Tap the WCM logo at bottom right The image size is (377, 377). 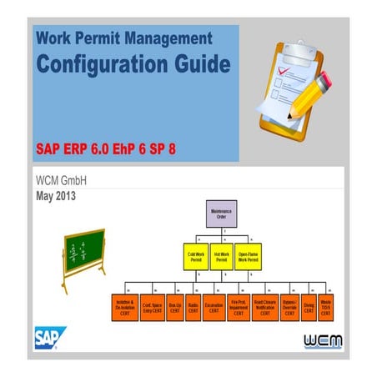(x=321, y=341)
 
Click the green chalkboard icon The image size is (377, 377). (x=84, y=251)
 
